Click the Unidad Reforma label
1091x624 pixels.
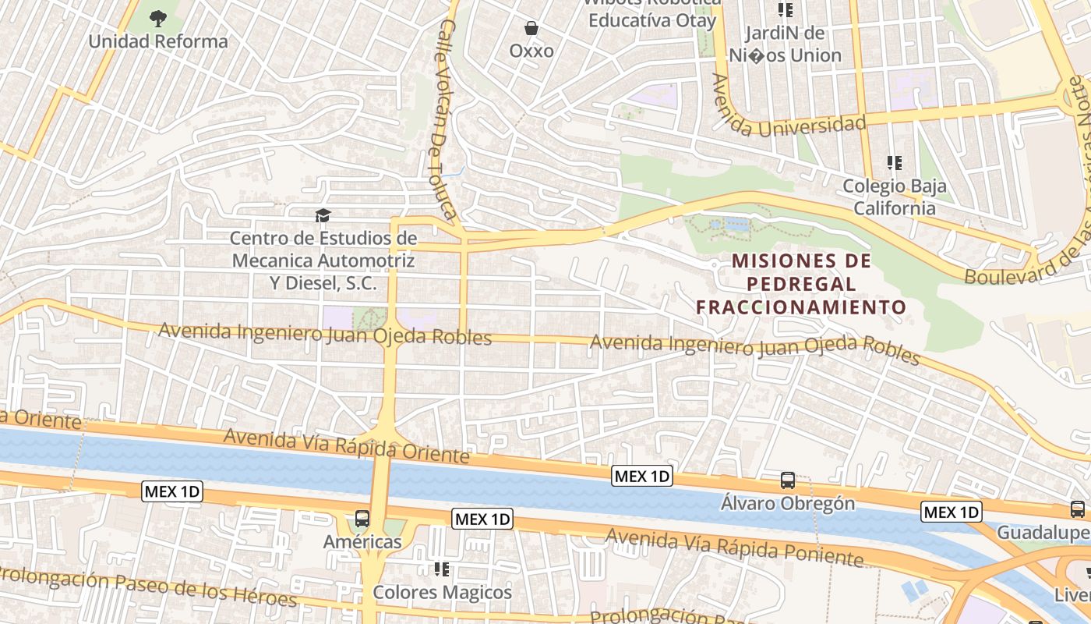[158, 41]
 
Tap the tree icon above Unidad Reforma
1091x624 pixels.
[158, 18]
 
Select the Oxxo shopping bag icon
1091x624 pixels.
[531, 29]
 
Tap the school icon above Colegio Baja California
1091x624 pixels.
[895, 163]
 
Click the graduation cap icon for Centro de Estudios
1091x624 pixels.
[323, 214]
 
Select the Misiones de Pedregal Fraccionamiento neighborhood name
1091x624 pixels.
[801, 284]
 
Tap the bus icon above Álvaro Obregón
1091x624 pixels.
[788, 480]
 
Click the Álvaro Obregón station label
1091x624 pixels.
[788, 503]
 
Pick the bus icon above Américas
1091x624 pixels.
[362, 518]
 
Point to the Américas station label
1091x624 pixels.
[363, 541]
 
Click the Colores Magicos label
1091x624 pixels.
[443, 592]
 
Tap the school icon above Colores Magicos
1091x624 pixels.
[443, 569]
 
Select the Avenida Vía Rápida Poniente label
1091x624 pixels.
[734, 547]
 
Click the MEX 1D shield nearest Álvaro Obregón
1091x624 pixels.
[642, 476]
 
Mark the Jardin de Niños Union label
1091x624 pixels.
[785, 44]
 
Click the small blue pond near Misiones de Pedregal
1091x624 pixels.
[736, 225]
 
